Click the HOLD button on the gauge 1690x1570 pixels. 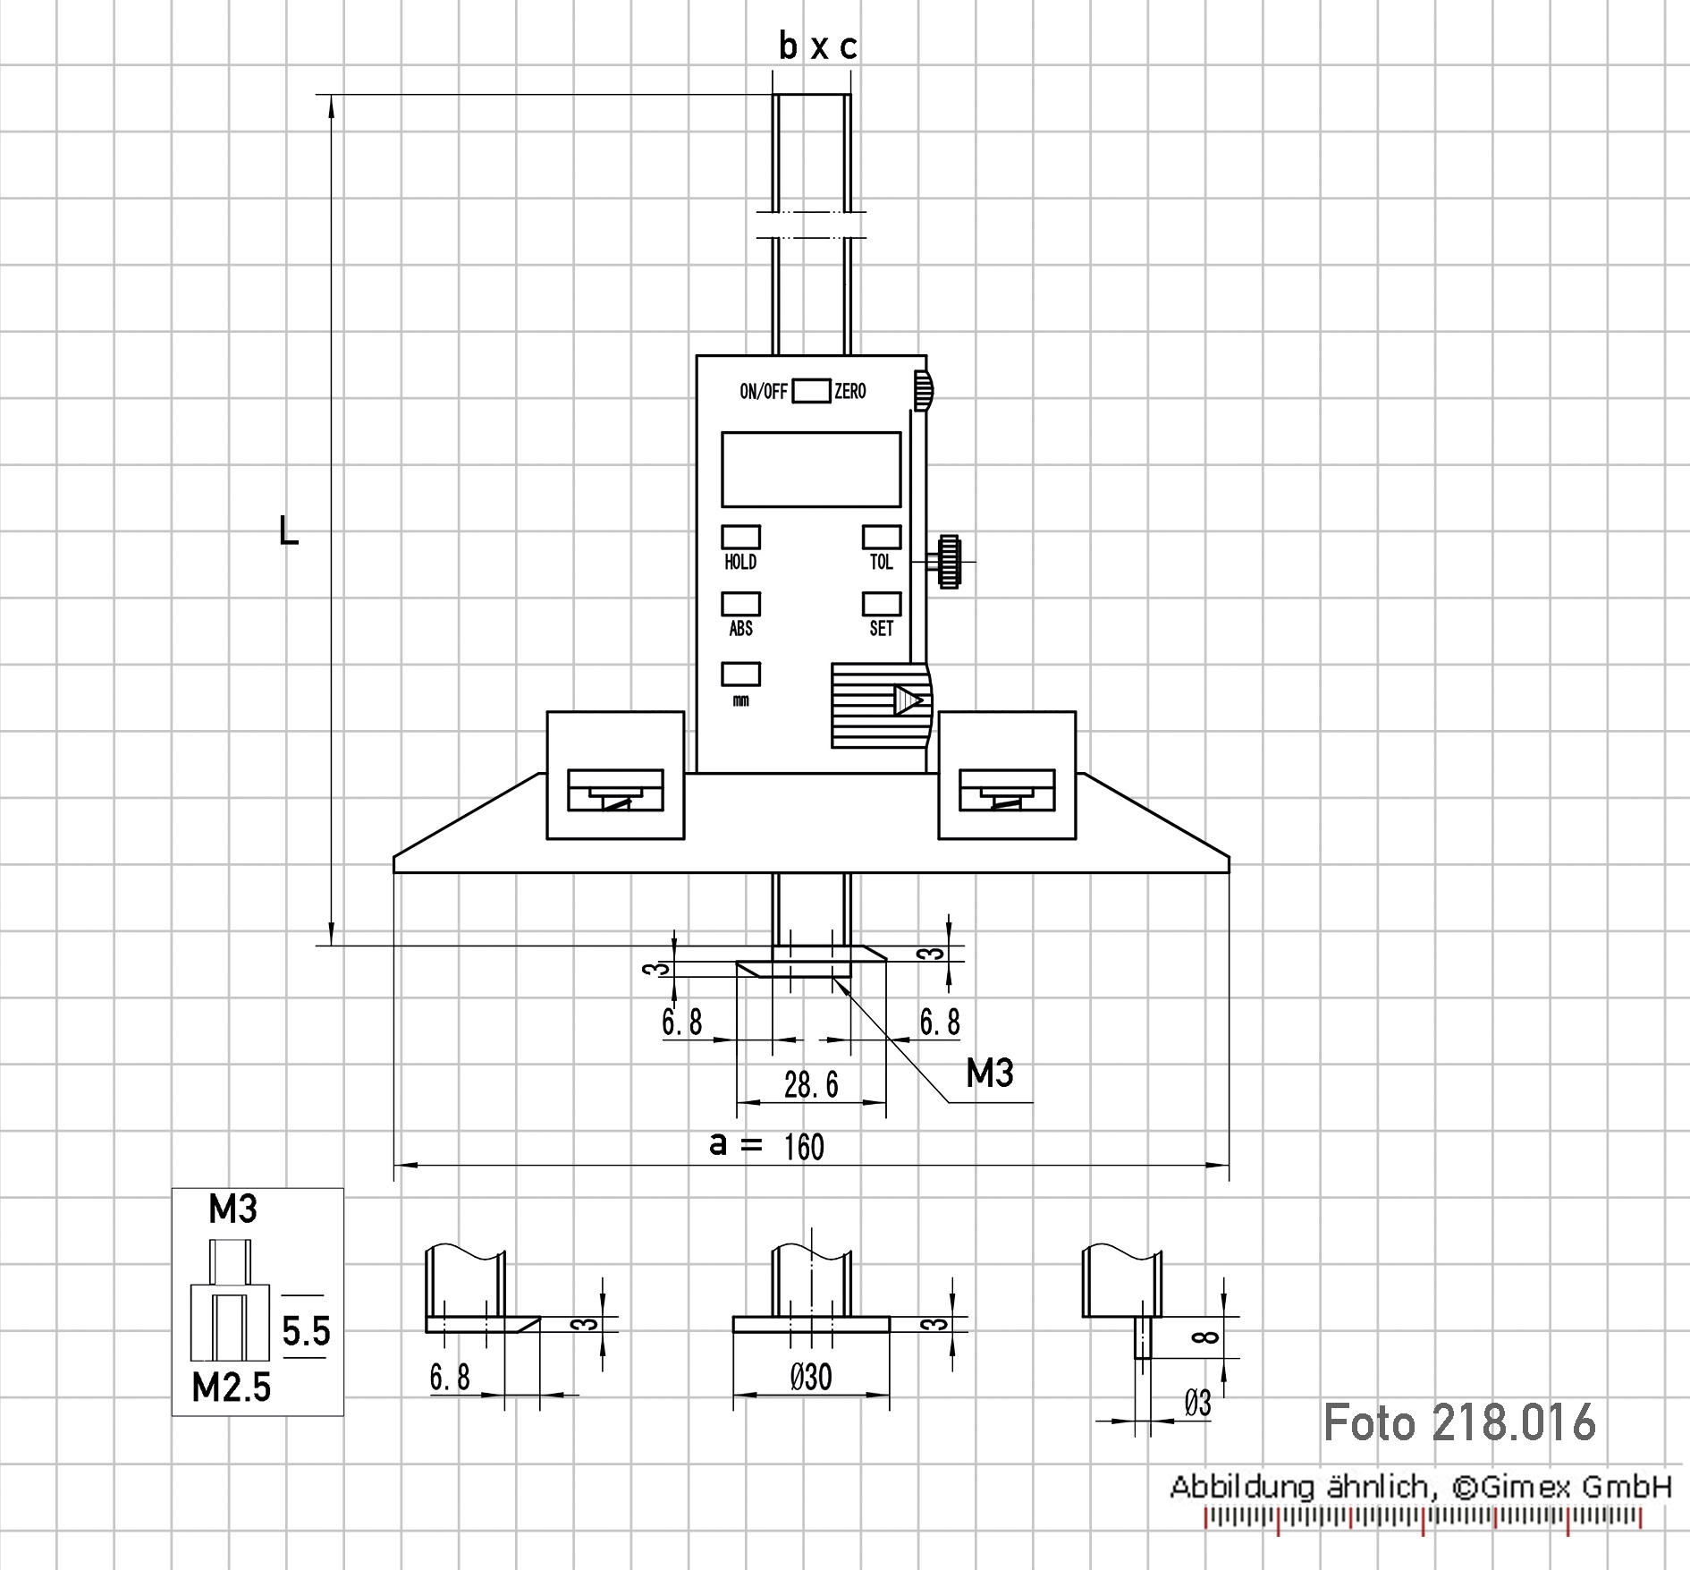[741, 537]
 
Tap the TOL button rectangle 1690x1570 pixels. [882, 537]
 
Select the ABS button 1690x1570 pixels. [741, 604]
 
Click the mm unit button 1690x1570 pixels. [741, 674]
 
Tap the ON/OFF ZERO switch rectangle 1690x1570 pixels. [811, 391]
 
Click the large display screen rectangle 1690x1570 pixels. [811, 470]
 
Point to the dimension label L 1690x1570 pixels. [289, 531]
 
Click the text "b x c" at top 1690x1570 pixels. [818, 46]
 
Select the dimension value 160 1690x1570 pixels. [804, 1147]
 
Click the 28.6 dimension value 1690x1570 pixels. [811, 1085]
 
